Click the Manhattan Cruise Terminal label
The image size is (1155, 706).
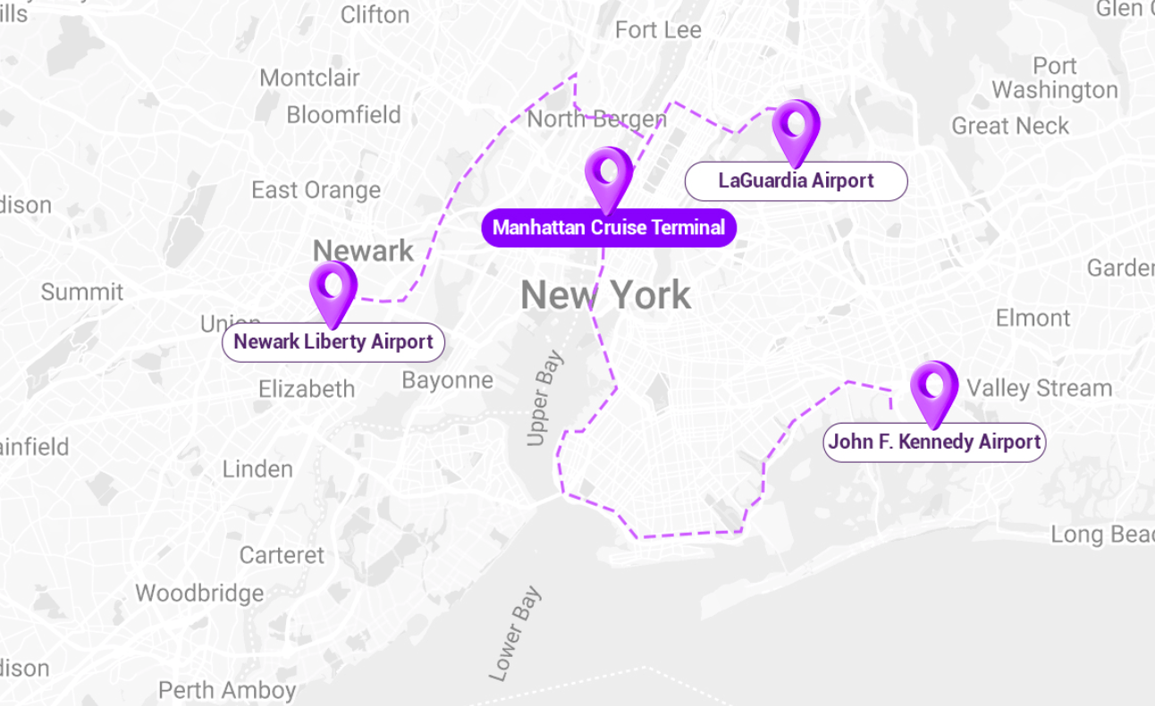point(608,228)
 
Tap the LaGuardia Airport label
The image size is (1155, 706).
point(796,181)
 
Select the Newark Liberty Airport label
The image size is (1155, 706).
point(333,342)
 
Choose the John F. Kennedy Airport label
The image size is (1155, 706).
point(934,442)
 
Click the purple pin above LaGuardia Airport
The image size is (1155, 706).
point(795,128)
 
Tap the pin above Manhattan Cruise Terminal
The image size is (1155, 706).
point(608,175)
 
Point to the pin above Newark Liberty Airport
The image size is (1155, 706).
point(333,290)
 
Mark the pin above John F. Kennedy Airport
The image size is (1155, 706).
point(933,390)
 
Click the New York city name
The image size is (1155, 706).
point(605,296)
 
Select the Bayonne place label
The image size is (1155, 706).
point(447,381)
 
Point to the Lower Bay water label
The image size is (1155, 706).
point(516,634)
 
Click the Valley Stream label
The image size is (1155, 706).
point(1039,388)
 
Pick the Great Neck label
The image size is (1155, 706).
point(1009,126)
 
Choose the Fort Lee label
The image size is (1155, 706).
point(658,30)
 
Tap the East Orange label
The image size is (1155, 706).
point(316,190)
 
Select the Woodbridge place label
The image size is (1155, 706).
point(199,593)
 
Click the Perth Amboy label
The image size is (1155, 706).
point(227,690)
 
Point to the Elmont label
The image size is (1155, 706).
point(1033,318)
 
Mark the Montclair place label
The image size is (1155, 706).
point(309,78)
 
